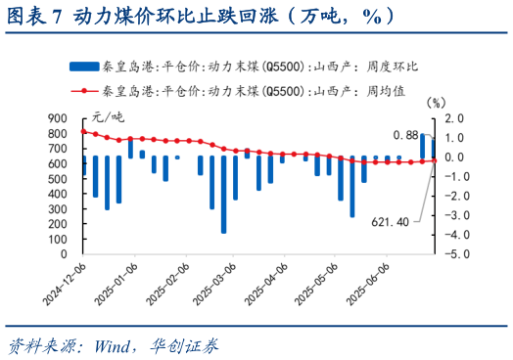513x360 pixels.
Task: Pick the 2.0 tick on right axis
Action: (x=453, y=117)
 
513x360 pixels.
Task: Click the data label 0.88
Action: (x=405, y=134)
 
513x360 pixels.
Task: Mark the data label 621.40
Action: (x=390, y=221)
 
